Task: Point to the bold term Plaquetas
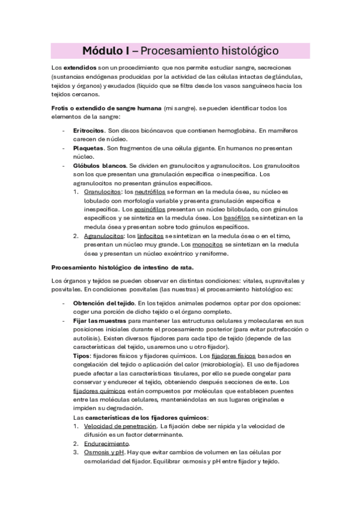tap(88, 147)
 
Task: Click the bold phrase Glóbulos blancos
tap(99, 165)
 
